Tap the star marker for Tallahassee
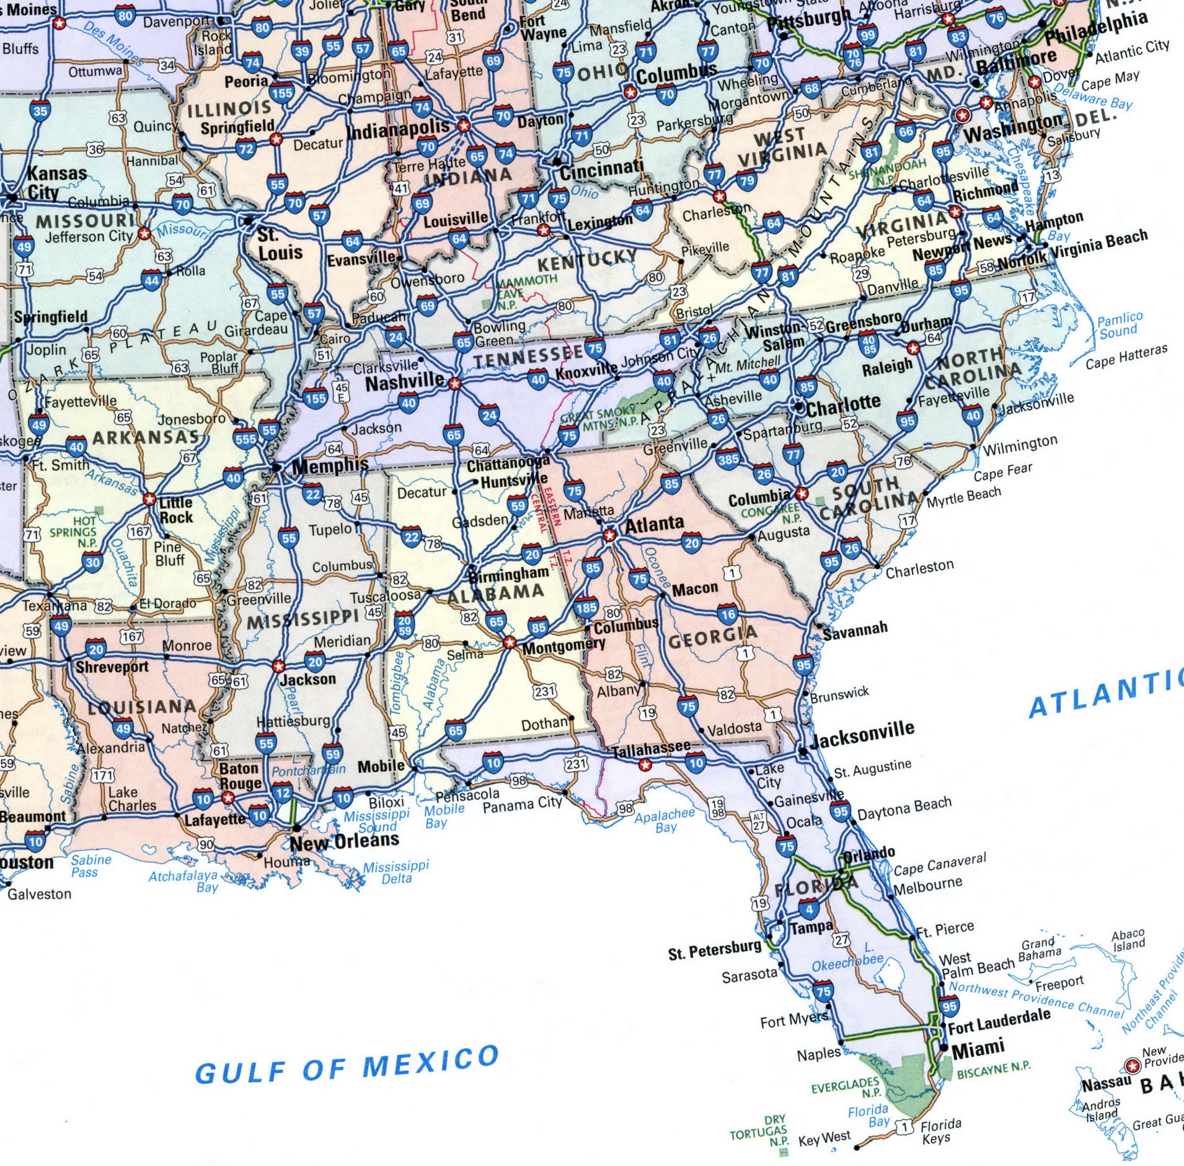click(645, 765)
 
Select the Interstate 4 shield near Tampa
click(808, 910)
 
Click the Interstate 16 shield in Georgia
click(727, 614)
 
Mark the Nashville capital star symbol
click(455, 384)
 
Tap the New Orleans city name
click(344, 842)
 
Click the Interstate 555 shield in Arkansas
click(245, 439)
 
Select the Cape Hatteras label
click(1126, 357)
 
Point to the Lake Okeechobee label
click(848, 958)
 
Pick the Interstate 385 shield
click(728, 459)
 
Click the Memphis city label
click(329, 465)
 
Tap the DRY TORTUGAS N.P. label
click(759, 1131)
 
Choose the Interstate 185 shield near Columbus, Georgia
click(586, 608)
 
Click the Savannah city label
click(855, 630)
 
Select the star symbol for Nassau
click(1133, 1066)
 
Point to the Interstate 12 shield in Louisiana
click(282, 793)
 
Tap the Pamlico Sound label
click(1120, 326)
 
